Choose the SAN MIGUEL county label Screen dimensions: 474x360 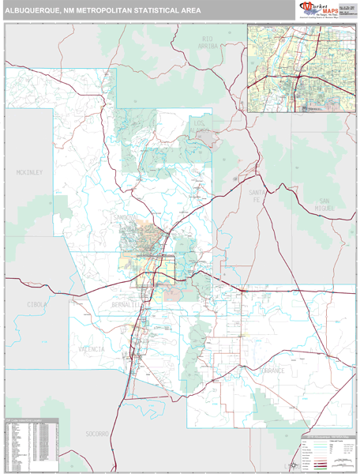[x=326, y=204]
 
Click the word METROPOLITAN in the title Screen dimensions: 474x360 [x=107, y=11]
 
